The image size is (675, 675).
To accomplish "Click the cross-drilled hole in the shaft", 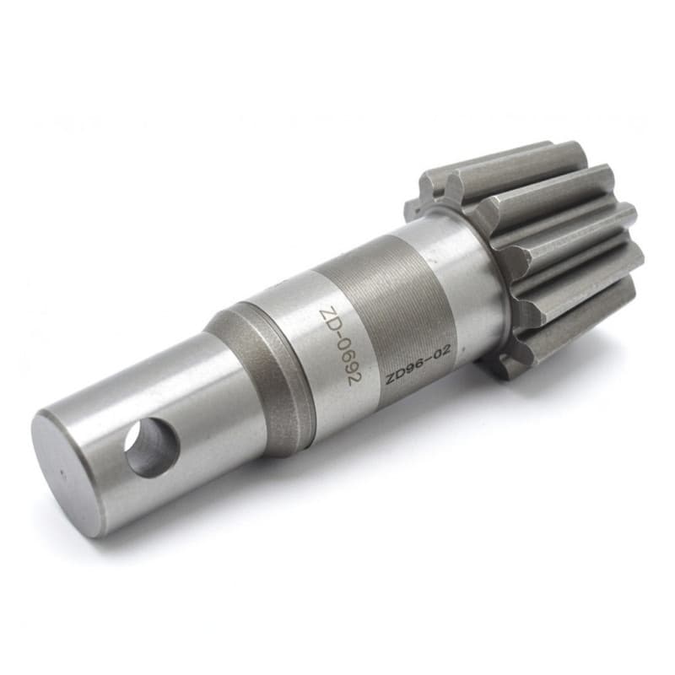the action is (151, 447).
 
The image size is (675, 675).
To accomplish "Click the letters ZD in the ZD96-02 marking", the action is (394, 376).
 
